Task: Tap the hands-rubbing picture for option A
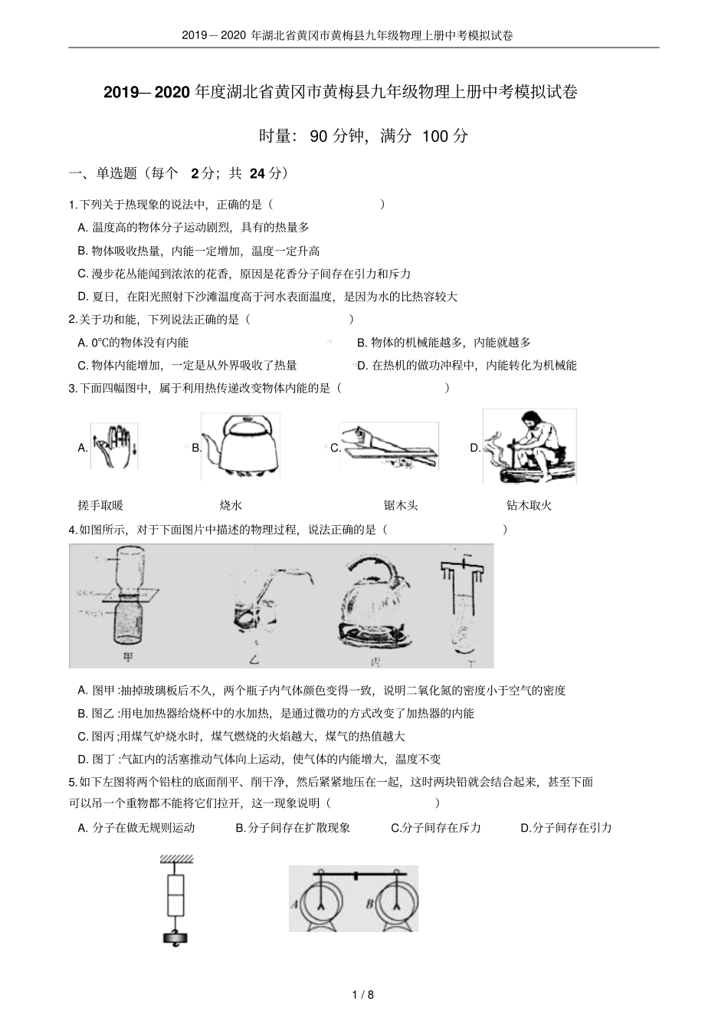pyautogui.click(x=114, y=446)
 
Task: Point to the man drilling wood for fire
pyautogui.click(x=530, y=448)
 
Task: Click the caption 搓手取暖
pyautogui.click(x=100, y=505)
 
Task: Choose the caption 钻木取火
pyautogui.click(x=529, y=505)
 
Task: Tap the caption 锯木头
pyautogui.click(x=401, y=505)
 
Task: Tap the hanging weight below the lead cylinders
pyautogui.click(x=175, y=937)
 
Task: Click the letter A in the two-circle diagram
pyautogui.click(x=294, y=902)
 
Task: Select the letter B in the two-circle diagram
pyautogui.click(x=370, y=902)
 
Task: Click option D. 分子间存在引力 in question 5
pyautogui.click(x=566, y=827)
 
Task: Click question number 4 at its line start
pyautogui.click(x=72, y=530)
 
